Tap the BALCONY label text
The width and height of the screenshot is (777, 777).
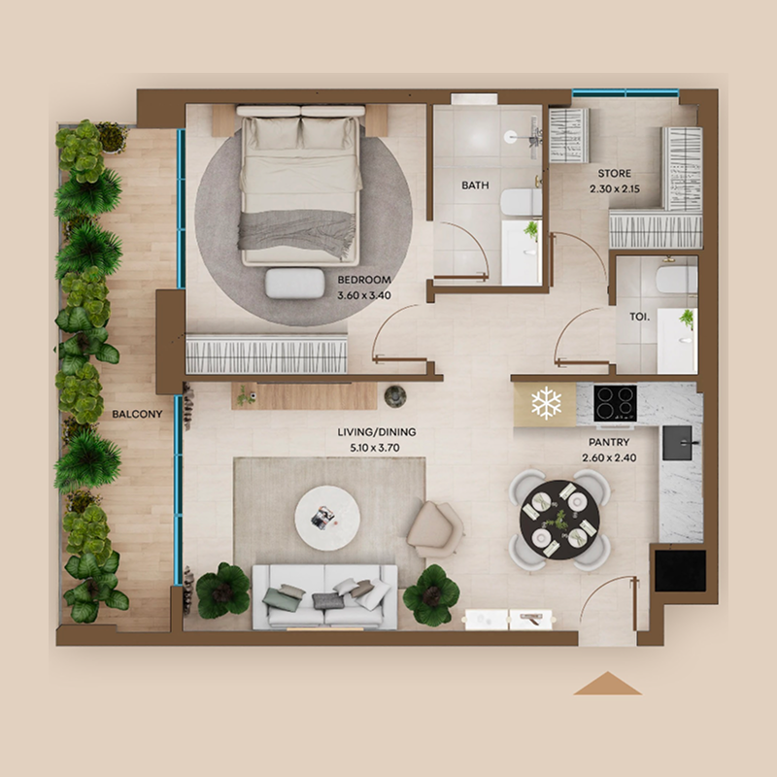tap(137, 414)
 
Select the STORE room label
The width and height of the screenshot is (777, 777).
tap(614, 175)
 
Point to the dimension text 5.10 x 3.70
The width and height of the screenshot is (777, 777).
tap(368, 449)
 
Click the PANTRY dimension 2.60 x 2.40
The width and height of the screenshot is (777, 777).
tap(610, 458)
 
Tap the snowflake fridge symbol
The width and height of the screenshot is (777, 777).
tap(545, 402)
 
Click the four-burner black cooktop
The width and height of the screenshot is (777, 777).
tap(615, 402)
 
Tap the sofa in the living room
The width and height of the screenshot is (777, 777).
tap(324, 596)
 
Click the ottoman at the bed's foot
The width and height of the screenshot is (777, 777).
tap(294, 283)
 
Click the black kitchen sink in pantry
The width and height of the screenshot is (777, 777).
tap(678, 443)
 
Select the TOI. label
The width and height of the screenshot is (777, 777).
tap(638, 317)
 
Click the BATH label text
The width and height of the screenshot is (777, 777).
tap(475, 185)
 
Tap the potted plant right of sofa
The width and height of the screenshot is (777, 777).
tap(430, 594)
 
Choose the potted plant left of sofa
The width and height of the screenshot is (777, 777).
tap(222, 590)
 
